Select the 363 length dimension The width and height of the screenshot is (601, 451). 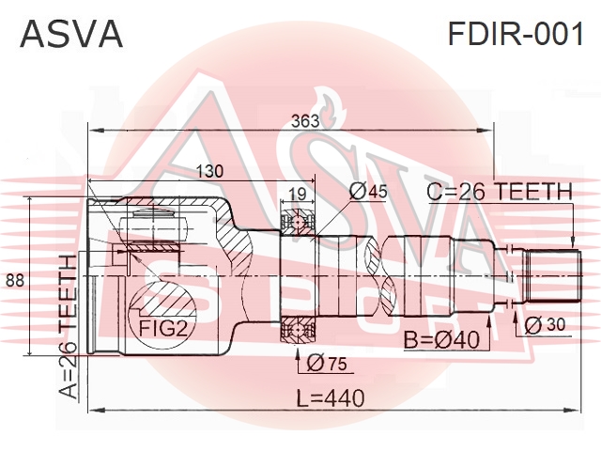pos(304,121)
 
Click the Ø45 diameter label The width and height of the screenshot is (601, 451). pos(368,192)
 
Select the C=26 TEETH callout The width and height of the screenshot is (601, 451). pos(500,192)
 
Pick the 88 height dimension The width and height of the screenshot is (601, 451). pos(14,280)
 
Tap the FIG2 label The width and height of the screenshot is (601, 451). pos(163,329)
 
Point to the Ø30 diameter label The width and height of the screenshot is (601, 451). pos(544,324)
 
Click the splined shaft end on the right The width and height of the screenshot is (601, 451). pos(551,274)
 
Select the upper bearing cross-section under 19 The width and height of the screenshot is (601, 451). pos(300,223)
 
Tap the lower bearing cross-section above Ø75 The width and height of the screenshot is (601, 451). pos(300,331)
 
